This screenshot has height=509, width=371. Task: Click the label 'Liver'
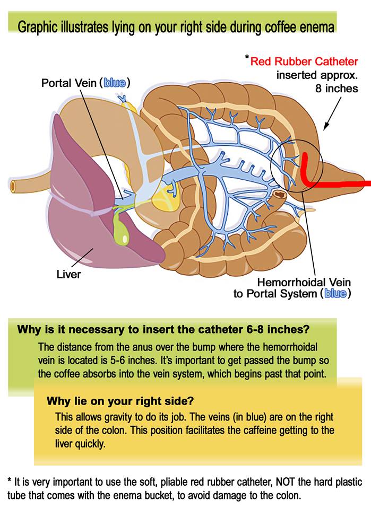[x=68, y=275]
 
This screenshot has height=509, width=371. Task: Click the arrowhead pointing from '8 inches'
[x=325, y=128]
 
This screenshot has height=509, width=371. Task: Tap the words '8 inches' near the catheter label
[x=335, y=89]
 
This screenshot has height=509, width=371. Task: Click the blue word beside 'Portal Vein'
[x=116, y=83]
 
